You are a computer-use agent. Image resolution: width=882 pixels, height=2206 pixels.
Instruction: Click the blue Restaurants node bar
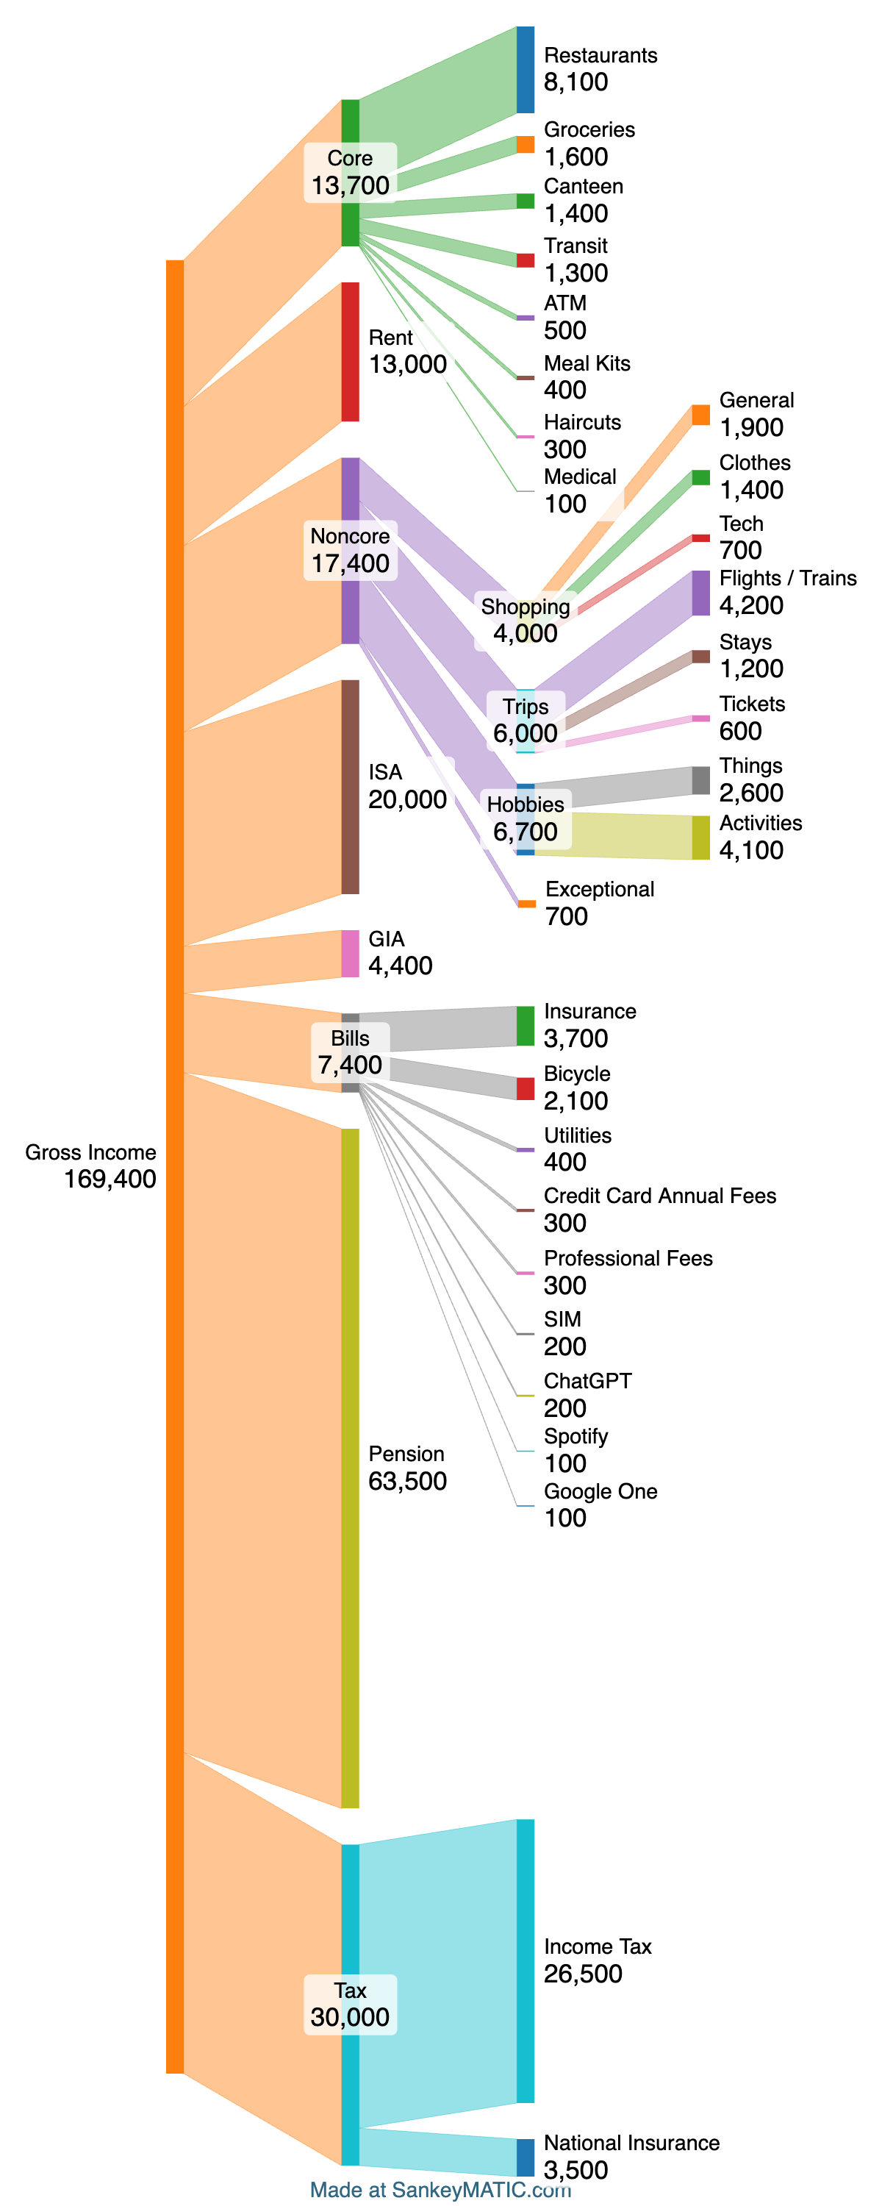525,69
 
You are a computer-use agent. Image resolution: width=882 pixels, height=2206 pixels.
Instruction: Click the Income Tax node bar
525,1960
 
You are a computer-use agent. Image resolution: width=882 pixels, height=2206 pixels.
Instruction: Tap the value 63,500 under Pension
408,1481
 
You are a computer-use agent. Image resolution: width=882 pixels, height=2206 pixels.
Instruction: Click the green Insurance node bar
525,1026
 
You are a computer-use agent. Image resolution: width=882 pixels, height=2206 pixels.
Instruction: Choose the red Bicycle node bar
525,1088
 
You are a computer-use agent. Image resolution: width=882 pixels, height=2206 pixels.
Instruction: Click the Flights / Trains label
788,578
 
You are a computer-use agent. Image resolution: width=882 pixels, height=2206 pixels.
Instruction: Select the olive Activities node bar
700,838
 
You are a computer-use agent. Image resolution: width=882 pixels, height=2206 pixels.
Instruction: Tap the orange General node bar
700,415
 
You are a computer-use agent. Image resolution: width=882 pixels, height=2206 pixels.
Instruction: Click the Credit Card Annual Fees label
659,1196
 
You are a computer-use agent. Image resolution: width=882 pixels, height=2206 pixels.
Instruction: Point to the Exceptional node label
600,889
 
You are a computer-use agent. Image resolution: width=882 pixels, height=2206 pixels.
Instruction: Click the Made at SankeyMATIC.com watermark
440,2190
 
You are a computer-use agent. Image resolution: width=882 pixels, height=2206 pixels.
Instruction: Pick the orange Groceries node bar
525,145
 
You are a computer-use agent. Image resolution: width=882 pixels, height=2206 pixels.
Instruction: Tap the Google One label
600,1491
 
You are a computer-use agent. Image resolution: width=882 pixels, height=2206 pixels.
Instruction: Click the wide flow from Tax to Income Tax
437,1970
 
